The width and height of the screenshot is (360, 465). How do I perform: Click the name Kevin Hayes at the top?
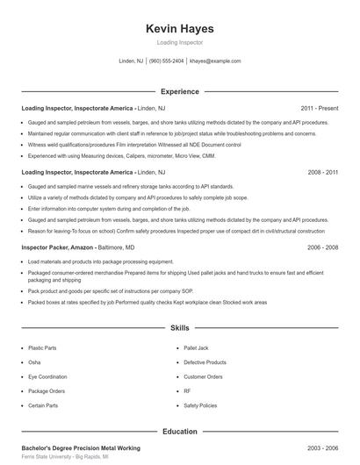tap(179, 28)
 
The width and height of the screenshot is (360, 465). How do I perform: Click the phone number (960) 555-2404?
tap(166, 61)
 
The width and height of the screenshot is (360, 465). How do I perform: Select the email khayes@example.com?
tap(215, 61)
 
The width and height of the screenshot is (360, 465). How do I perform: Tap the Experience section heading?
tap(179, 91)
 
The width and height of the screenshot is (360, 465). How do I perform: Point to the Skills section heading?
tap(179, 328)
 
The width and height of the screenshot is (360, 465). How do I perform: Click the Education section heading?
tap(179, 432)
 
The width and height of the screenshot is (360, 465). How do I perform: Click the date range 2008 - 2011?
tap(322, 173)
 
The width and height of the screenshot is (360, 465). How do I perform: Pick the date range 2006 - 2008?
tap(322, 248)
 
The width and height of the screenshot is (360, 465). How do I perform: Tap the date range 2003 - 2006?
tap(322, 447)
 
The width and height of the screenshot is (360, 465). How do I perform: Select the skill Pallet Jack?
tap(196, 347)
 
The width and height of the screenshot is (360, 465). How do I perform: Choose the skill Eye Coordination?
tap(48, 376)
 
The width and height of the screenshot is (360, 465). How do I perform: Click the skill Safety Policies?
tap(200, 405)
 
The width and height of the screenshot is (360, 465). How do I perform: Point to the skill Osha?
tap(34, 362)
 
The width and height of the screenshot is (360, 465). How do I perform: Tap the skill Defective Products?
tap(205, 362)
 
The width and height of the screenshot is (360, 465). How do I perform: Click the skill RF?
tap(187, 391)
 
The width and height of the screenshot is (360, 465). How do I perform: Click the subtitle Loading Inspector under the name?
tap(179, 42)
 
